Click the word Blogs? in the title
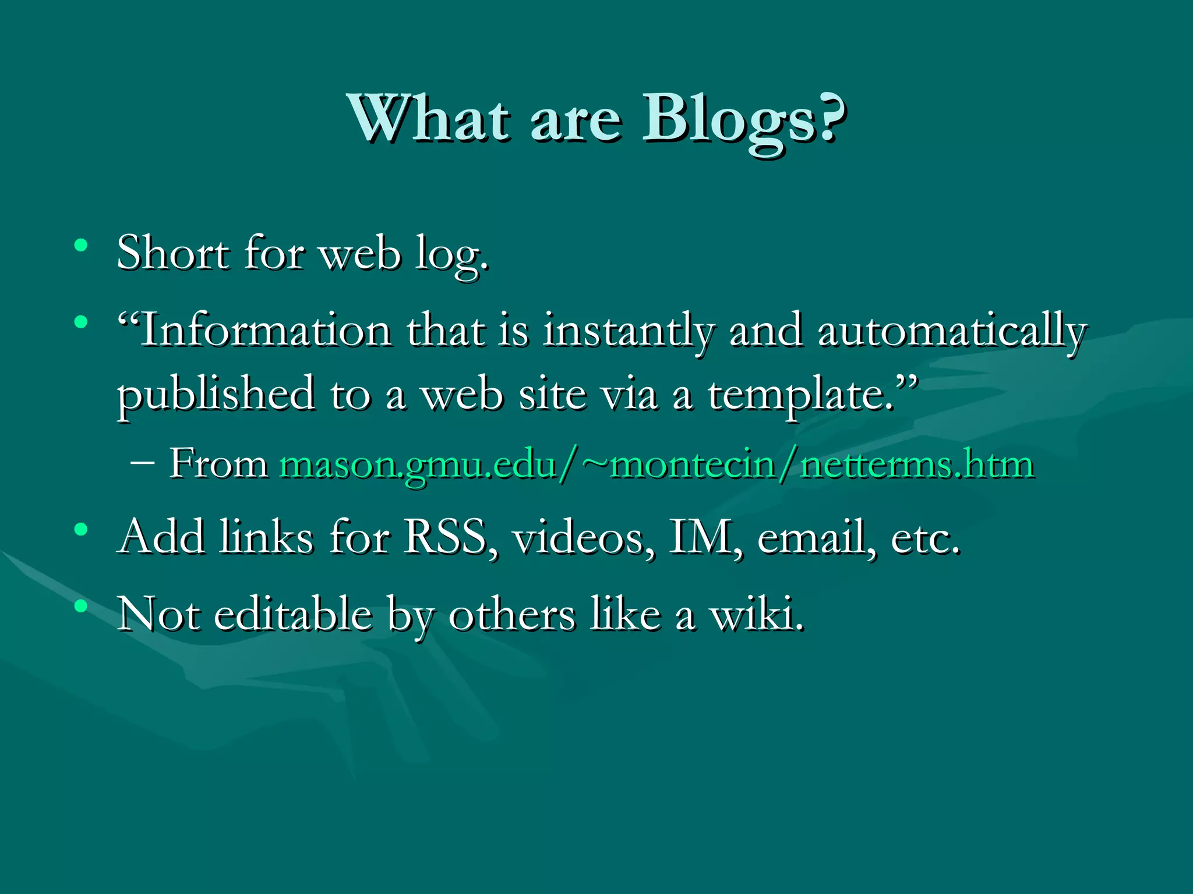pos(743,121)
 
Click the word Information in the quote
pos(266,331)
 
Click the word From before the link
pos(218,464)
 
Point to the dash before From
pos(143,463)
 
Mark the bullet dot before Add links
pos(81,529)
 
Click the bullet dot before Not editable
pos(81,606)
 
